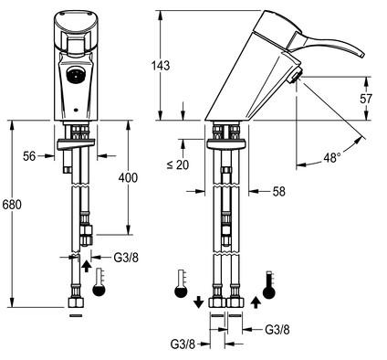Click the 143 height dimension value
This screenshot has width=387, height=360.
coord(161,66)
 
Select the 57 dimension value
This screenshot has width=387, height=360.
coord(366,99)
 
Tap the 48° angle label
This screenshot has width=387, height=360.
coord(332,158)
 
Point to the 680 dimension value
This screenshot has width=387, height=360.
coord(12,205)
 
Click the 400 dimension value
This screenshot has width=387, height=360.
coord(128,177)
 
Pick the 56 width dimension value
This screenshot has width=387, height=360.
coord(29,156)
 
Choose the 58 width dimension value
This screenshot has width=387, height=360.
coord(279,191)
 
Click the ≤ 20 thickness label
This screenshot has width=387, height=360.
coord(178,164)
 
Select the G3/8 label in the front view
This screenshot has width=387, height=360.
coord(126,258)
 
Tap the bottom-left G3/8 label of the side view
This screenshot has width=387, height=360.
coord(183,344)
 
